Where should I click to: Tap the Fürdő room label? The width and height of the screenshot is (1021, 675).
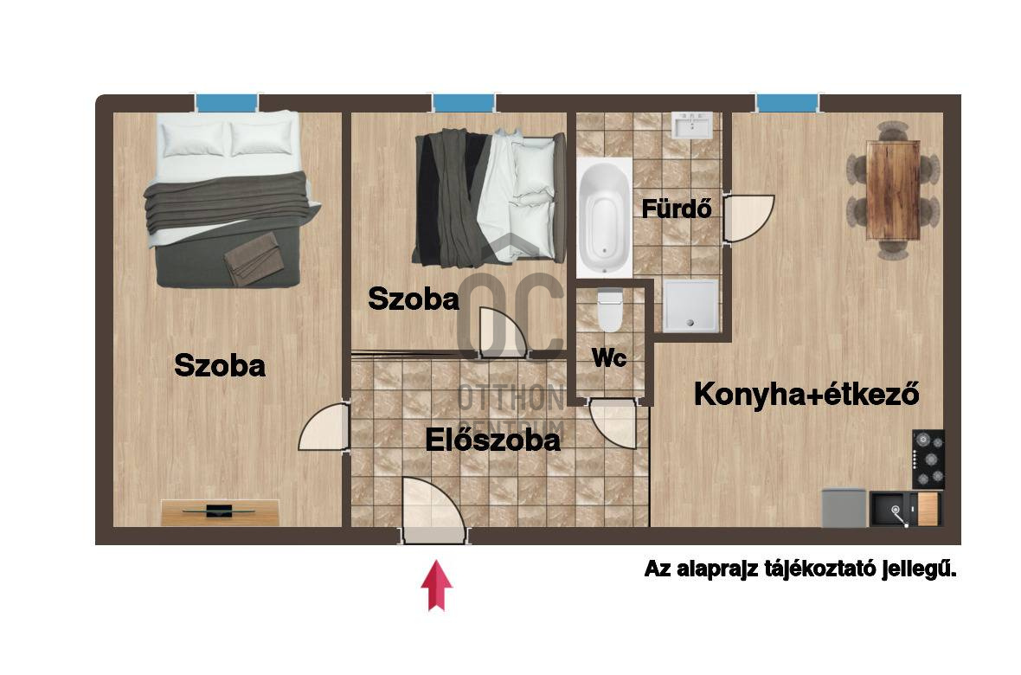pos(677,209)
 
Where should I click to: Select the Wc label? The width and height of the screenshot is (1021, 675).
pos(609,358)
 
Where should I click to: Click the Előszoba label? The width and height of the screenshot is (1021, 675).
pos(492,440)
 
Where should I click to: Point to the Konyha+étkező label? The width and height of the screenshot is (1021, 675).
pos(806,395)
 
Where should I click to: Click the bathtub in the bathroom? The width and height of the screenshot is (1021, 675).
pos(606,214)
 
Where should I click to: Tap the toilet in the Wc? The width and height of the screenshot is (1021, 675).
pos(610,310)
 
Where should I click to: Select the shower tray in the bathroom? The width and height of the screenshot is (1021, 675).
pos(690,305)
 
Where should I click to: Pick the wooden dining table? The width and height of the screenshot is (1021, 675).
pos(892,190)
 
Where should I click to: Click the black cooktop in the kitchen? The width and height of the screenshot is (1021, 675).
pos(928,459)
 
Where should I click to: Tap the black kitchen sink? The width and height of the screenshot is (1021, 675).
pos(892,509)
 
